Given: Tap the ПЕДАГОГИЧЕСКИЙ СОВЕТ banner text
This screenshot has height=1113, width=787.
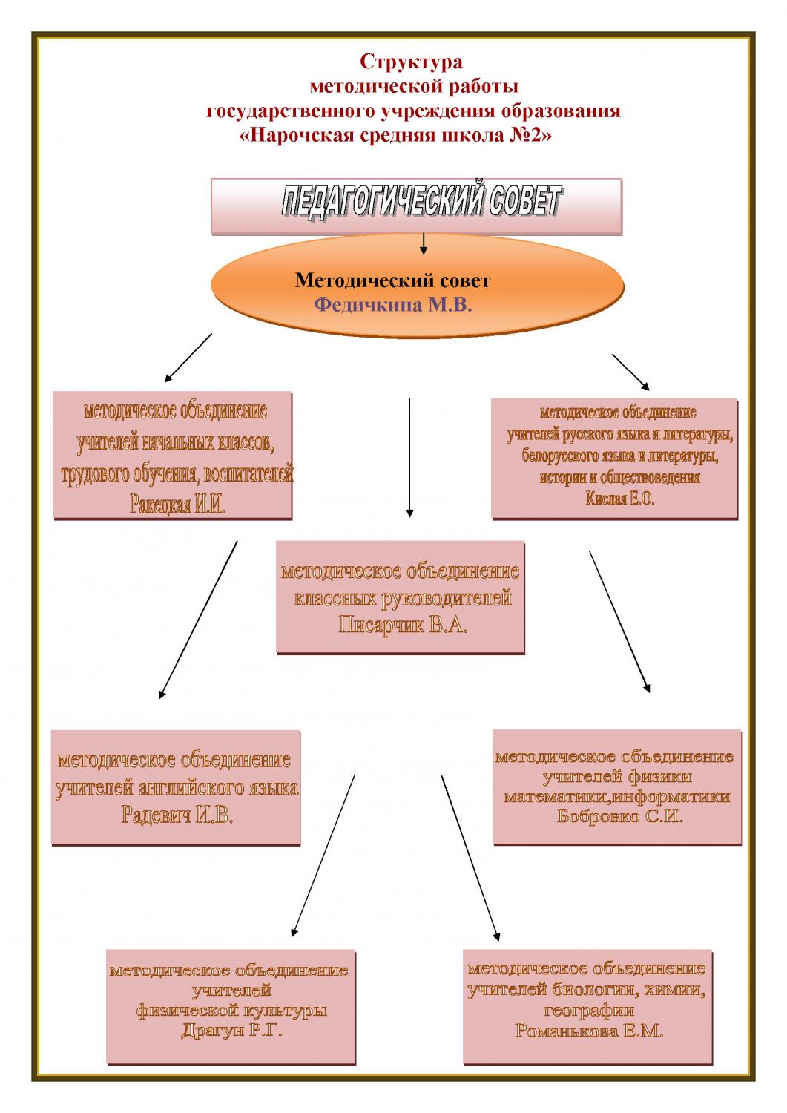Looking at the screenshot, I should [x=421, y=202].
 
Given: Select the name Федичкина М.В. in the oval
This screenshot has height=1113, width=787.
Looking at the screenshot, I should [x=392, y=305].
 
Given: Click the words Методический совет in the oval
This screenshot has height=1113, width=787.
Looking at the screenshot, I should [x=392, y=280].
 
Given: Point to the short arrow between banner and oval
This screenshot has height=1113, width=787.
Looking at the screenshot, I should [x=423, y=244].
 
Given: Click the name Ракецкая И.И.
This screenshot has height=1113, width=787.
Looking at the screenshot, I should [x=177, y=507].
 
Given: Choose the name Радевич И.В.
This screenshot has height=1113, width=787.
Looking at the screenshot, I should [x=177, y=816].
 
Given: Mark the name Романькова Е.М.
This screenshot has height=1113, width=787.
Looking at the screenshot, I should [x=589, y=1031].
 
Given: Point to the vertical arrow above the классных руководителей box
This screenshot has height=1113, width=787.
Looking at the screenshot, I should [x=409, y=456].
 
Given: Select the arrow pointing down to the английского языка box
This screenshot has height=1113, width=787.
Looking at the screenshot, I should [x=198, y=620].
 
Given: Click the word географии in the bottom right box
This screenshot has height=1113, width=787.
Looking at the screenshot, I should [x=589, y=1011].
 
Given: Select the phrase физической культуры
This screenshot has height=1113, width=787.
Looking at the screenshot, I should [x=231, y=1011].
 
